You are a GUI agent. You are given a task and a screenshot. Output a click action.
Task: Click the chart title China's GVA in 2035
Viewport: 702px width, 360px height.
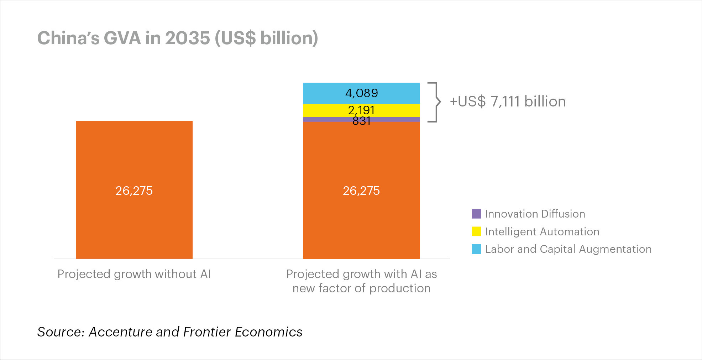pyautogui.click(x=177, y=38)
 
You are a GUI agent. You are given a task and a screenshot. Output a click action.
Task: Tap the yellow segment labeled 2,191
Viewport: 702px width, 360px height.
pyautogui.click(x=320, y=110)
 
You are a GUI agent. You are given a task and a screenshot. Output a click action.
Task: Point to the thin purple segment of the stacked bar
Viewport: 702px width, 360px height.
pyautogui.click(x=320, y=120)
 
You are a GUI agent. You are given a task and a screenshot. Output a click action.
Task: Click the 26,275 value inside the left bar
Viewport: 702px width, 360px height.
pyautogui.click(x=134, y=191)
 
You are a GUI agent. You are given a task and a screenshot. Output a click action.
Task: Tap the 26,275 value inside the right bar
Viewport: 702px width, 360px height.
pyautogui.click(x=361, y=191)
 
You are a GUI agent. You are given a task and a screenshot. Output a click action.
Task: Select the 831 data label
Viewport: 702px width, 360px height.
pyautogui.click(x=361, y=121)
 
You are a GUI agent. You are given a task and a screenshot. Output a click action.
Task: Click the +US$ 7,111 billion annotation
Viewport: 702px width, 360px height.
pyautogui.click(x=508, y=102)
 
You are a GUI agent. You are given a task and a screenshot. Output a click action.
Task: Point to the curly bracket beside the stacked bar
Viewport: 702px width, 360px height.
pyautogui.click(x=434, y=102)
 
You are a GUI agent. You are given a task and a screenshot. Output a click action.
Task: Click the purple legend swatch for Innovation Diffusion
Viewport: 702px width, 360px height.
pyautogui.click(x=476, y=214)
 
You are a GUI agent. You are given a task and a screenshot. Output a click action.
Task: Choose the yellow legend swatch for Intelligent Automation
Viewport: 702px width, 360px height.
pyautogui.click(x=476, y=231)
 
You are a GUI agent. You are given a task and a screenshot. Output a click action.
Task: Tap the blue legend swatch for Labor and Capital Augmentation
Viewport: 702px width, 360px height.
pyautogui.click(x=476, y=249)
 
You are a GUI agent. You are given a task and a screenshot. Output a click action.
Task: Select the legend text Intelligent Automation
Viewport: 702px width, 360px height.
pyautogui.click(x=542, y=232)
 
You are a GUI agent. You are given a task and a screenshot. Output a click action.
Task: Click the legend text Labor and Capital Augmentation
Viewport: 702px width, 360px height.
pyautogui.click(x=568, y=249)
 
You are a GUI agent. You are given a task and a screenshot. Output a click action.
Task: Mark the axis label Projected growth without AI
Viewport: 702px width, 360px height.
pyautogui.click(x=134, y=274)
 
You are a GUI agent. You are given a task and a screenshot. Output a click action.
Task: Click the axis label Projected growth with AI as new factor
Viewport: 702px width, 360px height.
pyautogui.click(x=361, y=281)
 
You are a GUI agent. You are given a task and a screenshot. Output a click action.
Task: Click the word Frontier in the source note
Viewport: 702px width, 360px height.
pyautogui.click(x=207, y=332)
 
